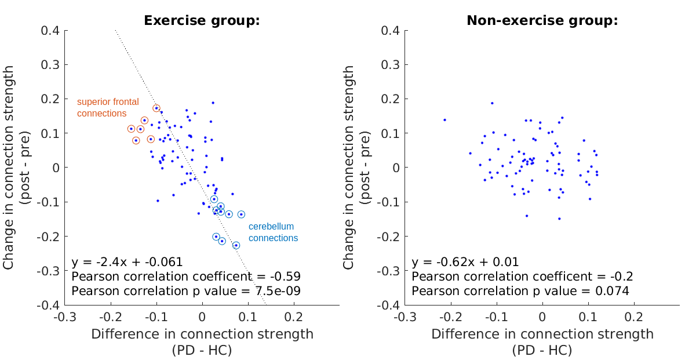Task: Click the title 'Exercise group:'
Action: (201, 21)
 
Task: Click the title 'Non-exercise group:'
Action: (542, 21)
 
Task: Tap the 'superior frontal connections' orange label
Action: (108, 107)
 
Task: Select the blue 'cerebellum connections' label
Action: (273, 232)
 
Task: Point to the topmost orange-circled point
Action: (156, 108)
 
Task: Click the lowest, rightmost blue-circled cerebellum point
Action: (236, 245)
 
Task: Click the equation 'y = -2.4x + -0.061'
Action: (127, 261)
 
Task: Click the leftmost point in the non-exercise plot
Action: (444, 120)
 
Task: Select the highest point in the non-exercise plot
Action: (492, 103)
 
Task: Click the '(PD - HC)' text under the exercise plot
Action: (202, 350)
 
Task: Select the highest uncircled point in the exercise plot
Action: (213, 103)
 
